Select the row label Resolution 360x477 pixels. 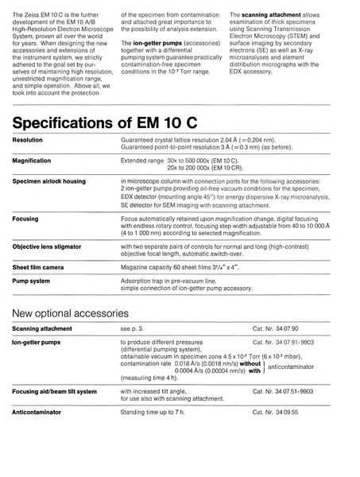(28, 139)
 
